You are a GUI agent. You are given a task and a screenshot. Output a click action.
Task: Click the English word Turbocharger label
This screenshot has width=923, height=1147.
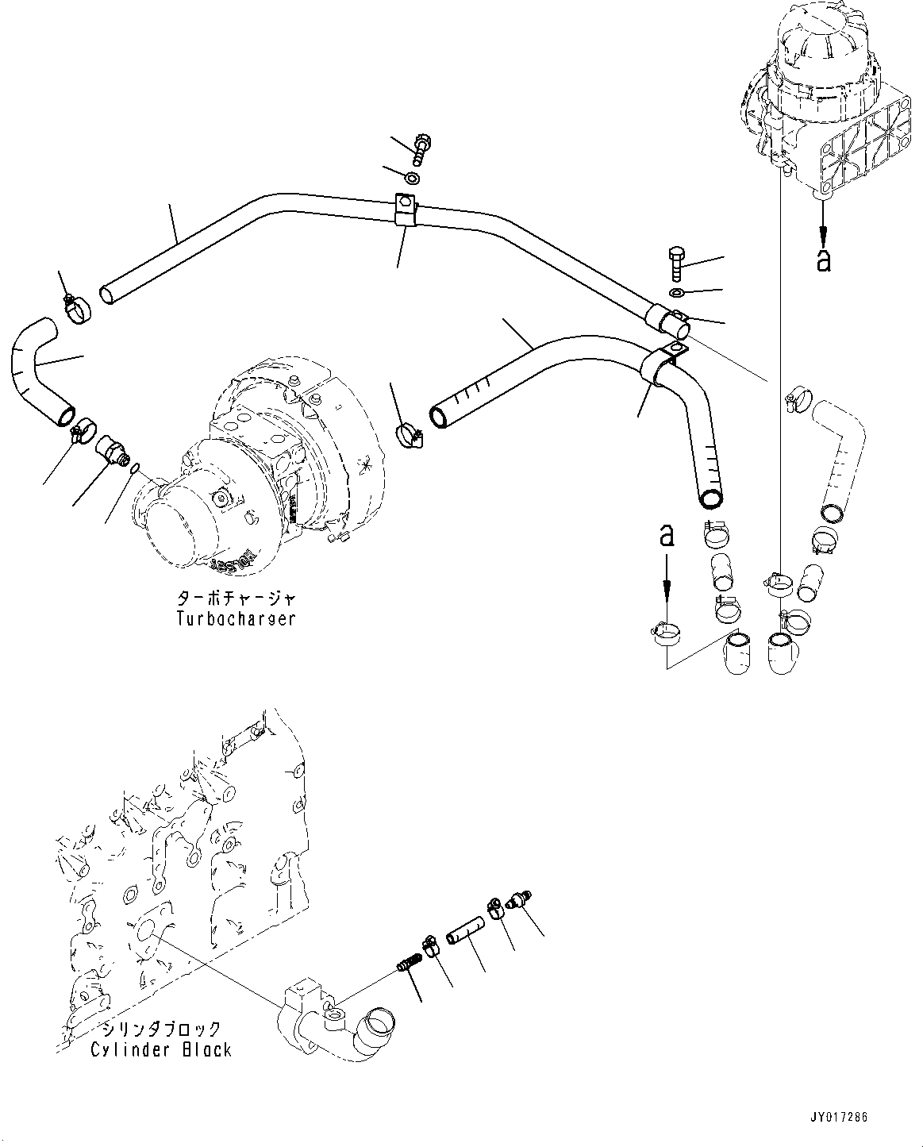[236, 618]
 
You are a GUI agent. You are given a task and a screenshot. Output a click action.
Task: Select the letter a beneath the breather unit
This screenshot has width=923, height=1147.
[823, 260]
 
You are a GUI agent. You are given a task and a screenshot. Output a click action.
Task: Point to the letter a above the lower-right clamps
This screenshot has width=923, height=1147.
[667, 536]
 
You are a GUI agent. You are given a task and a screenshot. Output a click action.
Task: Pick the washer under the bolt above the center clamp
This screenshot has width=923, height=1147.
[413, 175]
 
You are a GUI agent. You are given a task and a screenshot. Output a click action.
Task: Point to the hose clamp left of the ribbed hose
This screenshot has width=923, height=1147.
[408, 433]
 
